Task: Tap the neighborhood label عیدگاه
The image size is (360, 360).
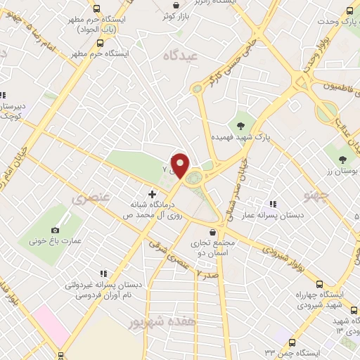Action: [181, 55]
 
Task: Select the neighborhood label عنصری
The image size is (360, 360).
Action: [91, 199]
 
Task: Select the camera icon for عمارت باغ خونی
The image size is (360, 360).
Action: [56, 230]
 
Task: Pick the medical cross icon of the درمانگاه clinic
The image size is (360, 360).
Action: [152, 193]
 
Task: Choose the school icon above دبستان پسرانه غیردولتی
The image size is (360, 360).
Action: [104, 274]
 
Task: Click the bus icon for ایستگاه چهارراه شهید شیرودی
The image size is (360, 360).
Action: [321, 284]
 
